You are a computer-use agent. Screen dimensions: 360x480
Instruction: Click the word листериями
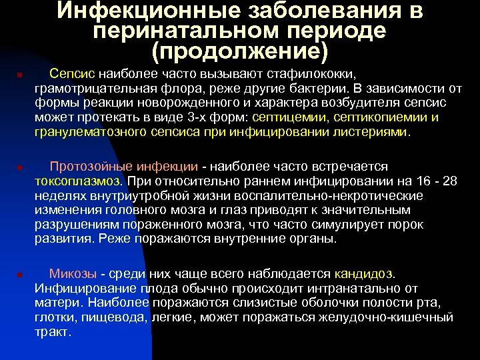point(377,132)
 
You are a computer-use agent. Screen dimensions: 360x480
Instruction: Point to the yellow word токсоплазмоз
point(78,181)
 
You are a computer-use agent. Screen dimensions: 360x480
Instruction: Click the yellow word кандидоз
point(365,273)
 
